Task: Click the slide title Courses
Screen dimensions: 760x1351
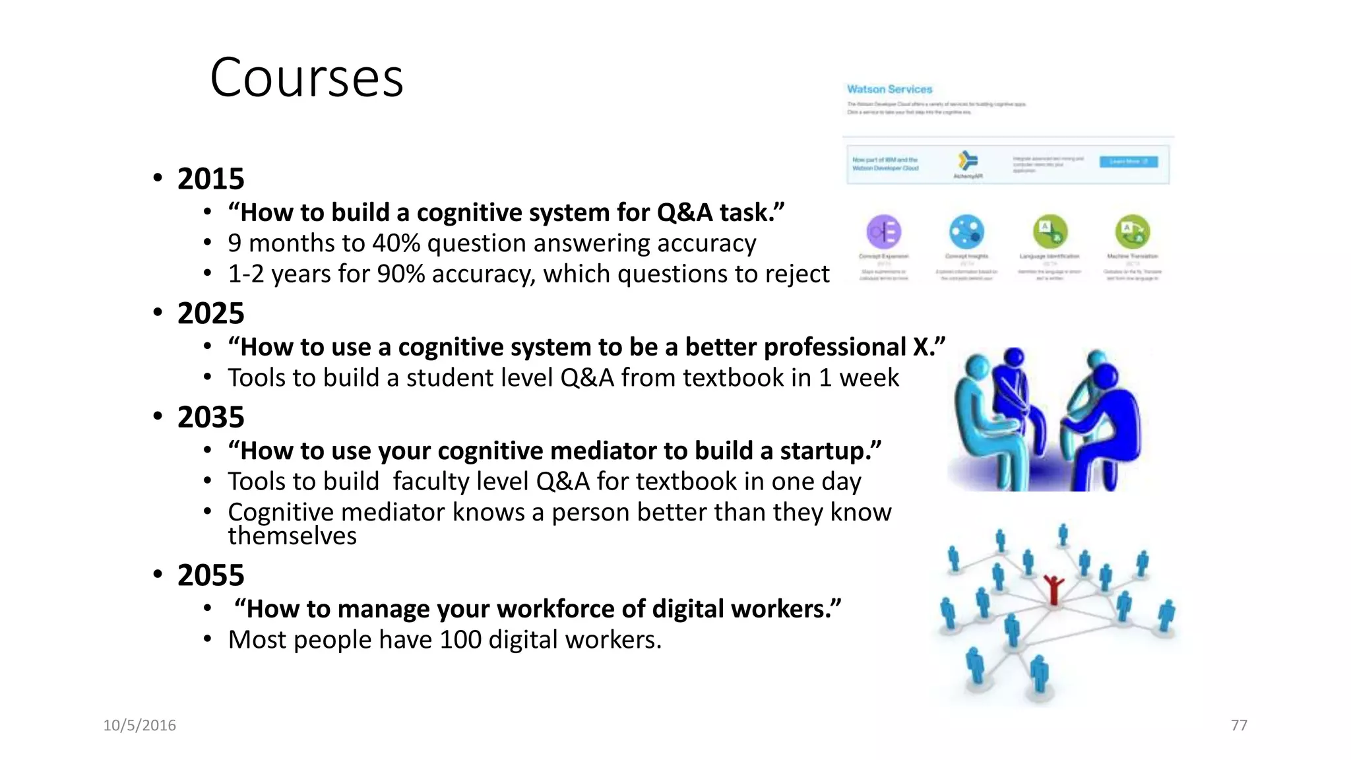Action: [x=307, y=78]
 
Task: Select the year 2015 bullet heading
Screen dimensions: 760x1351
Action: [x=210, y=179]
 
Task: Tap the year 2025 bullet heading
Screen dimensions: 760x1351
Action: [x=210, y=313]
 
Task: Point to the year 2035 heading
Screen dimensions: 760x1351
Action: [x=210, y=417]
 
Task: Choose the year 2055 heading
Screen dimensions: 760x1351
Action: [x=210, y=575]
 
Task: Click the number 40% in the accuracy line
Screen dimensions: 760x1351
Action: [x=396, y=243]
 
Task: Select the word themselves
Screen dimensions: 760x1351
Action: [x=292, y=536]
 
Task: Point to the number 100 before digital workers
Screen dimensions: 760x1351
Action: [x=460, y=640]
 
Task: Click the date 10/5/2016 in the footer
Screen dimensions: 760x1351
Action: [x=140, y=726]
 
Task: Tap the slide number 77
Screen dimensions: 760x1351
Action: [x=1239, y=726]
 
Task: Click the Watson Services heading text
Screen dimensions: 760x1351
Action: [x=889, y=89]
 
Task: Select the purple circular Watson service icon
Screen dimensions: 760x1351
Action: [x=883, y=232]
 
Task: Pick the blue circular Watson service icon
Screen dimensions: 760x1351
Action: [x=966, y=232]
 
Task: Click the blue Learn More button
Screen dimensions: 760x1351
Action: [x=1128, y=162]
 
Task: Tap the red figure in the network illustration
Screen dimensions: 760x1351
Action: [x=1053, y=589]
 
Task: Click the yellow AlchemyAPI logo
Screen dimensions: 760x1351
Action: [x=968, y=160]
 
